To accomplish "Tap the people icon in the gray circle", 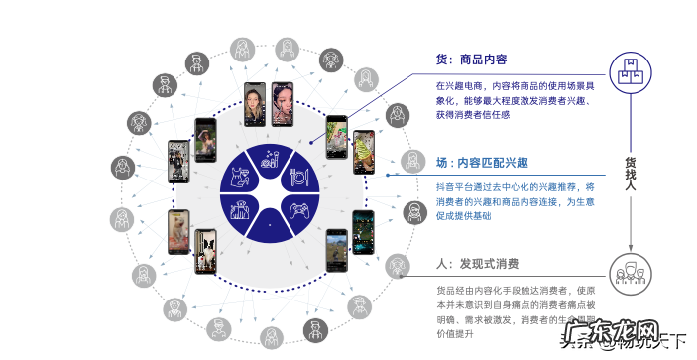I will click(628, 270).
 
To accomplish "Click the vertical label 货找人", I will click(629, 171).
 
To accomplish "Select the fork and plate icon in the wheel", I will click(298, 177).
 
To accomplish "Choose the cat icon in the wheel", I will click(239, 177).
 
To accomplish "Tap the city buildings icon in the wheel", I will click(240, 209).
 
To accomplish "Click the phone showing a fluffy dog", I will click(177, 230).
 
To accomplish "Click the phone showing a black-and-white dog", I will click(205, 250).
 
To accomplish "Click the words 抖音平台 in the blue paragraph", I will click(454, 186).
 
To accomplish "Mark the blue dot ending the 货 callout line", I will click(309, 142).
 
